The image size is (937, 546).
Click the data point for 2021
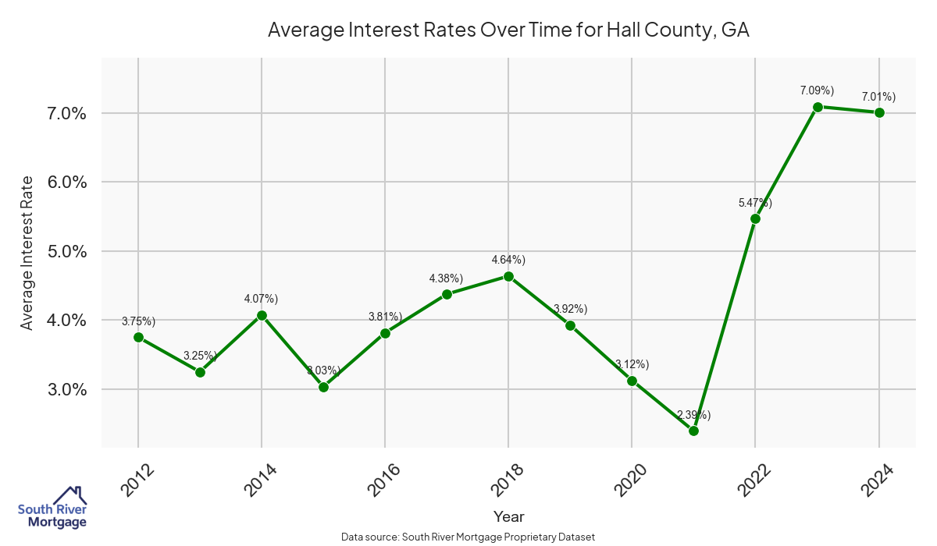(x=693, y=431)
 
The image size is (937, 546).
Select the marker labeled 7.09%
(x=818, y=107)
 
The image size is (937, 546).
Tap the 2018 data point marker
(x=508, y=276)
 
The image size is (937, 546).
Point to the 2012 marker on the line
(x=138, y=337)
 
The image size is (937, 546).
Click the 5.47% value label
(x=755, y=203)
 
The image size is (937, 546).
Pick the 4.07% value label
(x=262, y=299)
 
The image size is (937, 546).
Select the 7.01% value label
(x=878, y=97)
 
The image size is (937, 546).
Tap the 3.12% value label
(x=632, y=364)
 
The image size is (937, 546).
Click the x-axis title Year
(x=508, y=516)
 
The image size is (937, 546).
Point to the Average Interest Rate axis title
(x=27, y=252)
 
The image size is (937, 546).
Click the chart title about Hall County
(x=508, y=30)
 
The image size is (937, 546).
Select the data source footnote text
(x=468, y=537)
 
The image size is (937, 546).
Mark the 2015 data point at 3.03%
(x=323, y=387)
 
